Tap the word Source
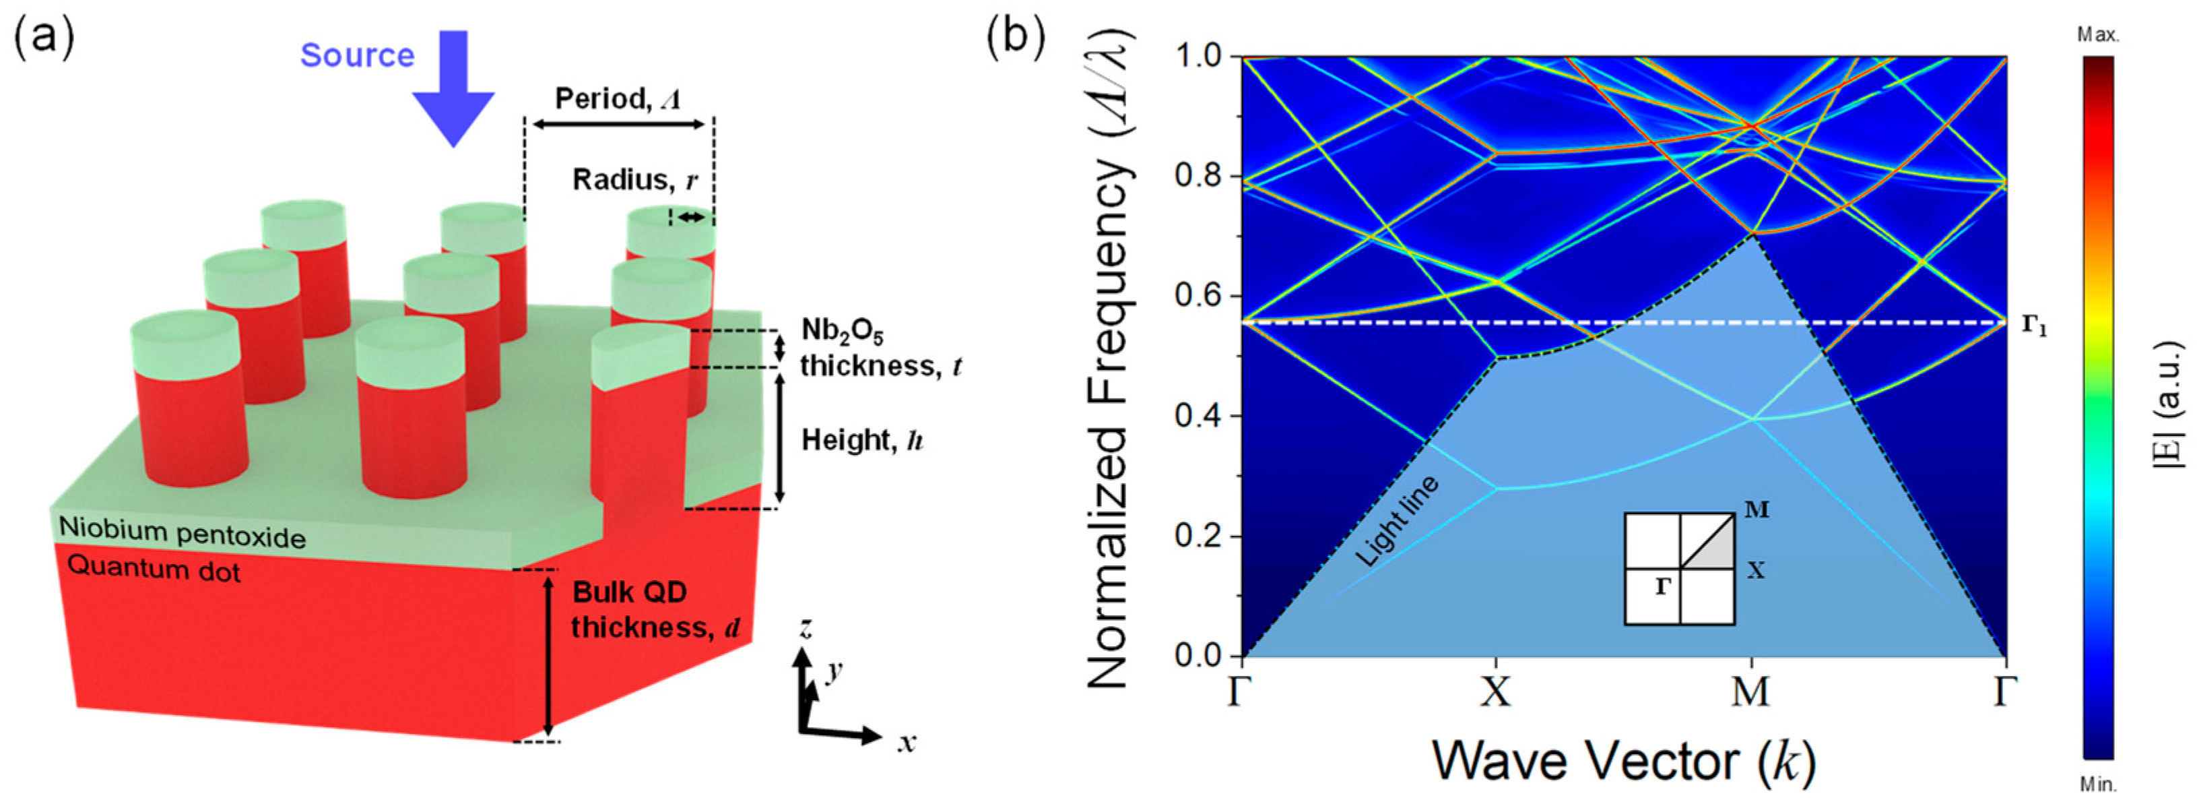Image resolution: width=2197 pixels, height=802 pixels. pos(358,55)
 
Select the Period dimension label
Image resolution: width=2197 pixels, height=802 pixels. pos(618,99)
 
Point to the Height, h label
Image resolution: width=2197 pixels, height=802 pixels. pos(862,440)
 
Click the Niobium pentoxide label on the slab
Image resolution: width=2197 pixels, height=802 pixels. pos(182,533)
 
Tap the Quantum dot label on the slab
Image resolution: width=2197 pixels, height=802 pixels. pos(154,567)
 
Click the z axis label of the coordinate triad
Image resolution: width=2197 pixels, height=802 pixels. pos(804,629)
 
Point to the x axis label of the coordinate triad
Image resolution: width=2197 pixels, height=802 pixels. pos(907,742)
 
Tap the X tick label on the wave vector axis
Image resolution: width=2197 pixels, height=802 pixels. pos(1495,692)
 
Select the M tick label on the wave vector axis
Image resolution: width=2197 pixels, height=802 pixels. pos(1751,692)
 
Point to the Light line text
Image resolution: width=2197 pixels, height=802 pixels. pos(1396,522)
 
